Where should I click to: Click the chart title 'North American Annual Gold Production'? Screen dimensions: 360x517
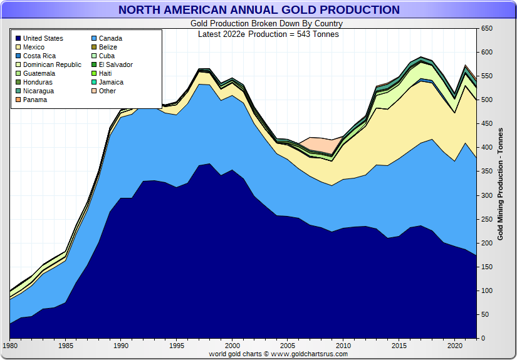tap(258, 10)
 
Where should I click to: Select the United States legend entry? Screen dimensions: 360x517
tap(43, 38)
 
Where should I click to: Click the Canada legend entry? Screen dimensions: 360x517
tap(110, 38)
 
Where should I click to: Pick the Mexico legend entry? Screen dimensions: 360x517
tap(35, 47)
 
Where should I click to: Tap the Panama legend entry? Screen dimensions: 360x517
tap(36, 100)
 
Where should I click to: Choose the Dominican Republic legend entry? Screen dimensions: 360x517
tap(53, 64)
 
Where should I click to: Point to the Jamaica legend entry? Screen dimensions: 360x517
tap(111, 82)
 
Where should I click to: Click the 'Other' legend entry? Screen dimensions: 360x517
tap(107, 91)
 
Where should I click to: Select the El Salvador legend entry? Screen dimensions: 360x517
tap(115, 64)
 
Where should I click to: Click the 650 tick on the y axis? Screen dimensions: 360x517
tap(487, 29)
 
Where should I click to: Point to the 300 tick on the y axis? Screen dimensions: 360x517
tap(487, 195)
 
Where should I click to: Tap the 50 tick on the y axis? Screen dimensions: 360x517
tap(485, 314)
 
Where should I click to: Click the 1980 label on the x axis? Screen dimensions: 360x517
tap(10, 345)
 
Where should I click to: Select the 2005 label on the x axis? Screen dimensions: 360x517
tap(288, 345)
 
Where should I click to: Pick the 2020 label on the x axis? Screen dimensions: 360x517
tap(454, 345)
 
